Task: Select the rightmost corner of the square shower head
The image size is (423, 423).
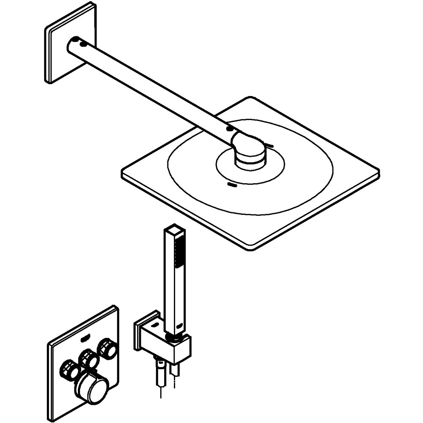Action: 378,173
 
